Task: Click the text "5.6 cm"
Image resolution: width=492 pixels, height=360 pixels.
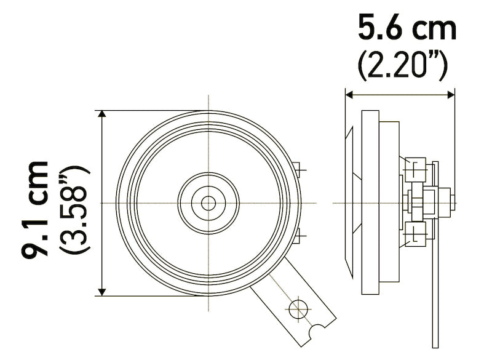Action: click(407, 29)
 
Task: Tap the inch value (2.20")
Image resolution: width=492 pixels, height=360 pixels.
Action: click(403, 65)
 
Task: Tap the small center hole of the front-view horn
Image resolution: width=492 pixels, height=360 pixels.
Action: click(208, 202)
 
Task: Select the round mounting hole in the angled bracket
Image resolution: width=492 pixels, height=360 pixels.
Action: click(299, 306)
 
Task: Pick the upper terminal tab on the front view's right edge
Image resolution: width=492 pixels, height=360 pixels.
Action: click(298, 169)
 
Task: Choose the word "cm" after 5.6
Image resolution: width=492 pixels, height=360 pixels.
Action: click(435, 29)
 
